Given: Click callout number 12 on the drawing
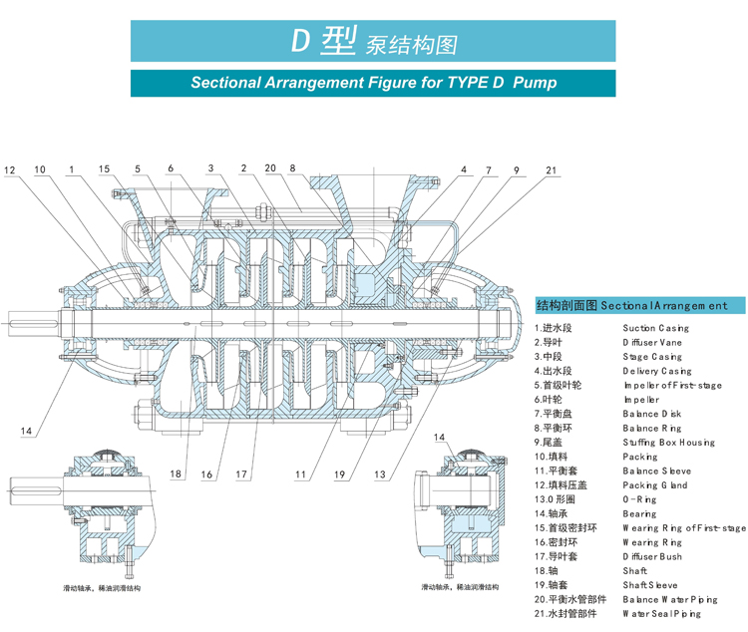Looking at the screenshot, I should pos(10,170).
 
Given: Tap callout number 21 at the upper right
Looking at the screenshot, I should pos(552,170).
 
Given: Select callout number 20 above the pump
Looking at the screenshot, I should pos(270,167).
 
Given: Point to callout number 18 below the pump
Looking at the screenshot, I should pos(176,474).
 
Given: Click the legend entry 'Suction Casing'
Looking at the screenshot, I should pos(655,328).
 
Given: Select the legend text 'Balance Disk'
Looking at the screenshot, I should pos(653,413).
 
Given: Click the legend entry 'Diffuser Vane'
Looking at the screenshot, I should pos(653,342).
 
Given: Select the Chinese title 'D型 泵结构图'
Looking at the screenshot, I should pos(374,42).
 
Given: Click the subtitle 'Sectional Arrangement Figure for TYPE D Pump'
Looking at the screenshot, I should pos(374,83).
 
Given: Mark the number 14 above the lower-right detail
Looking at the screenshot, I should pos(439,438).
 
